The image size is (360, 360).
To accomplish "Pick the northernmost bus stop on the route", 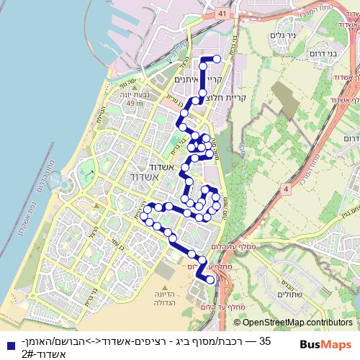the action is [217, 59].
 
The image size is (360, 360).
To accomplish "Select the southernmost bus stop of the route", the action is [210, 281].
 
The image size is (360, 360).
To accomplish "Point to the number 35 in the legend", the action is [264, 340].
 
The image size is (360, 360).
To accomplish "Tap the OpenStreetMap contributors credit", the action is [297, 322].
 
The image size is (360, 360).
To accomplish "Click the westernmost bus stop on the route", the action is [145, 216].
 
